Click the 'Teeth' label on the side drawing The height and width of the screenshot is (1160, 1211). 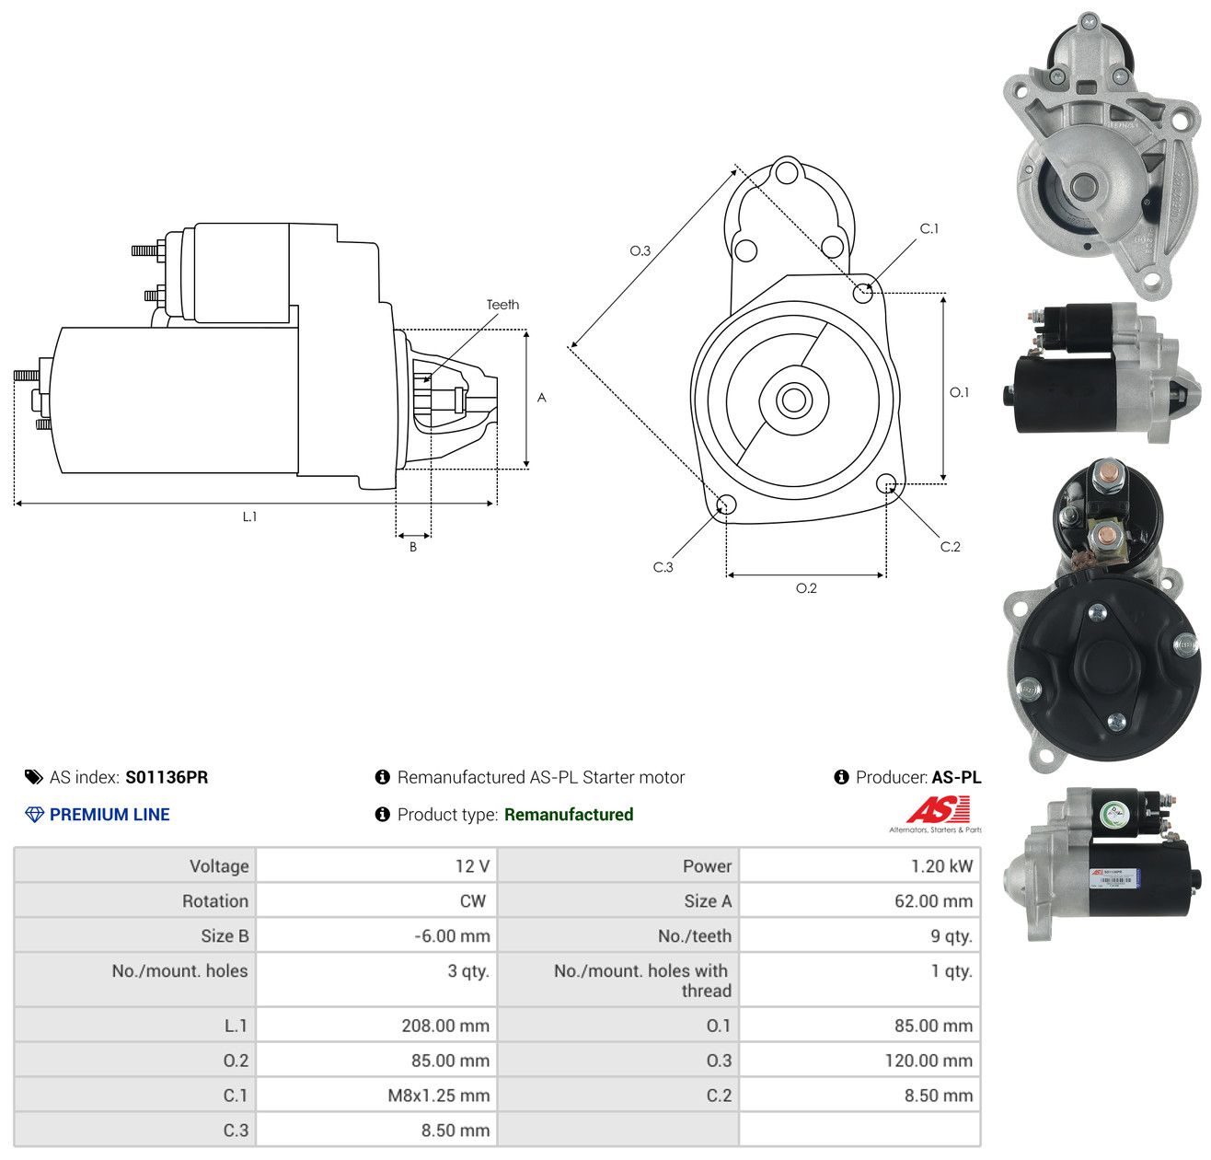(502, 305)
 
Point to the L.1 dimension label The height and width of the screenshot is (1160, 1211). (249, 516)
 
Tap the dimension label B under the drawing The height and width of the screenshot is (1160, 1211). (412, 547)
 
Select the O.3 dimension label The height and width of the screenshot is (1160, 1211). (640, 250)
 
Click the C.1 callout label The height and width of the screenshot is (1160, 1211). (928, 228)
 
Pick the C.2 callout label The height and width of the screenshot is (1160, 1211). (950, 546)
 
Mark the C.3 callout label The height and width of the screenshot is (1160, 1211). (663, 566)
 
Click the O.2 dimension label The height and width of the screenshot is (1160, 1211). (806, 587)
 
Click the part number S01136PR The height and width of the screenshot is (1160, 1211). (167, 777)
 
